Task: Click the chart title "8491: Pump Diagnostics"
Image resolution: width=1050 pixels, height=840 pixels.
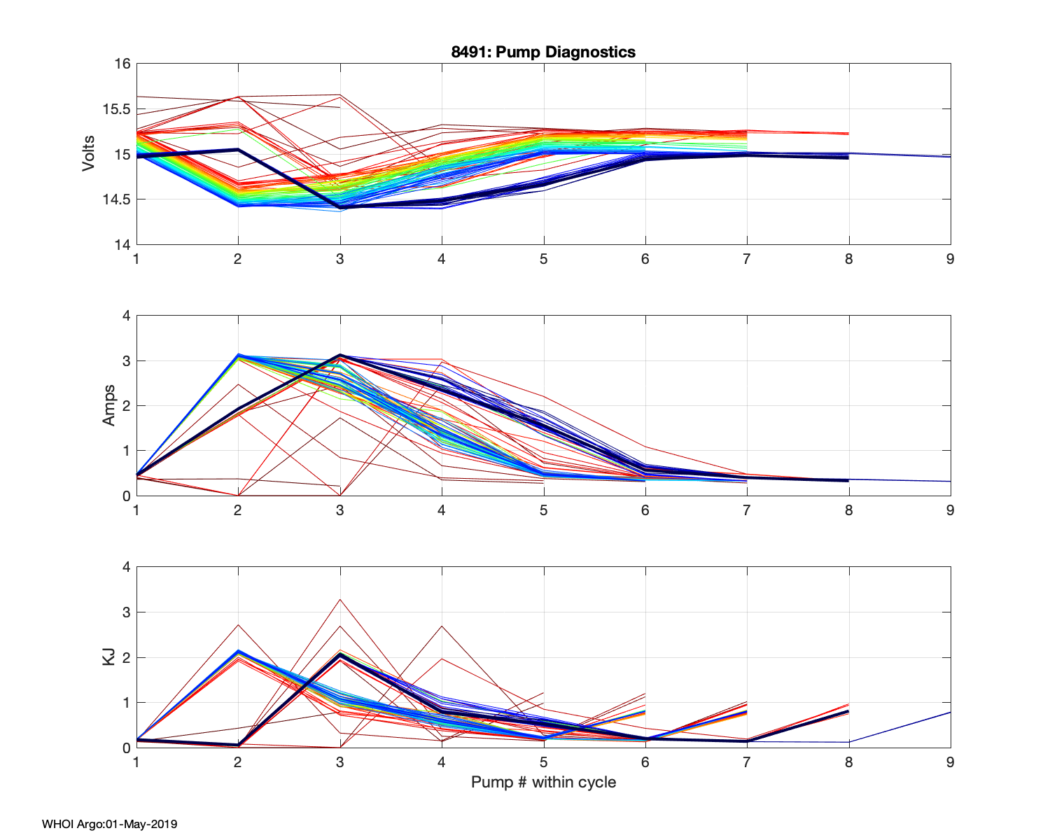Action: pyautogui.click(x=543, y=52)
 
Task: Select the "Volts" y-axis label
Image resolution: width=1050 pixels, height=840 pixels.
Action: pyautogui.click(x=89, y=154)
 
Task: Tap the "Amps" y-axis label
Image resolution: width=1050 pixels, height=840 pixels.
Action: pyautogui.click(x=109, y=406)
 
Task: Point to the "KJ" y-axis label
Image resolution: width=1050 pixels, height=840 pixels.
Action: pyautogui.click(x=109, y=657)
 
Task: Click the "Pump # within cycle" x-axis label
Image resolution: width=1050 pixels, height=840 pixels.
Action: pyautogui.click(x=543, y=782)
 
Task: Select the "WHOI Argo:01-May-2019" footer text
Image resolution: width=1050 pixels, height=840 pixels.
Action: pyautogui.click(x=109, y=824)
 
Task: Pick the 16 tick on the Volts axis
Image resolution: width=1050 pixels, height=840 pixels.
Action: pyautogui.click(x=122, y=64)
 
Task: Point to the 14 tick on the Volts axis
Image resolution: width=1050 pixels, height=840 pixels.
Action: pyautogui.click(x=122, y=244)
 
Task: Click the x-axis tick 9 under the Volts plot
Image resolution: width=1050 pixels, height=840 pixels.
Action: pyautogui.click(x=950, y=259)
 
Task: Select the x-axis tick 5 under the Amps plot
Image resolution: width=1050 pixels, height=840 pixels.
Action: pyautogui.click(x=543, y=510)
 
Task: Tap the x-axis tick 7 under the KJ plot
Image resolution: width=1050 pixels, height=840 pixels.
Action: pyautogui.click(x=747, y=762)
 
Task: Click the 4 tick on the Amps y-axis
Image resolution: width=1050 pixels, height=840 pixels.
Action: pyautogui.click(x=127, y=316)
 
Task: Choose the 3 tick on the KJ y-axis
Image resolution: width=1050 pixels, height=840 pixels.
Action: pyautogui.click(x=127, y=612)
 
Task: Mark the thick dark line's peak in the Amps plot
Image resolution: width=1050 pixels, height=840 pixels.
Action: pyautogui.click(x=340, y=356)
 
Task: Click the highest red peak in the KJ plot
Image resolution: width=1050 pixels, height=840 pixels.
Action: pyautogui.click(x=340, y=599)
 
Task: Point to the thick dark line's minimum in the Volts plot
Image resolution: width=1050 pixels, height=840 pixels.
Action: pyautogui.click(x=340, y=207)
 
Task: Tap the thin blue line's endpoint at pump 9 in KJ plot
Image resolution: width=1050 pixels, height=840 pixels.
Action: pyautogui.click(x=950, y=712)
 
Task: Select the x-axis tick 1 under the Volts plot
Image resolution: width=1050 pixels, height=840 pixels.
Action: pyautogui.click(x=136, y=259)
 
